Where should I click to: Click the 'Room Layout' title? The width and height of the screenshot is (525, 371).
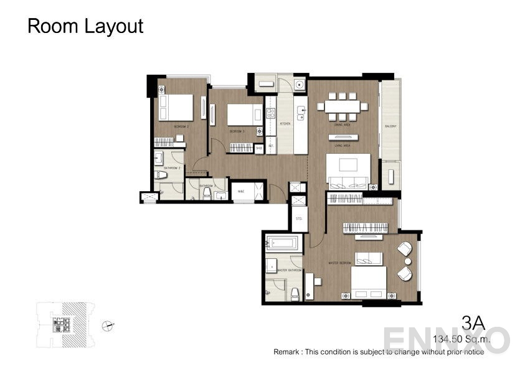[x=86, y=26]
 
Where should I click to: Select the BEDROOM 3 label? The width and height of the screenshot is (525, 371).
[x=237, y=131]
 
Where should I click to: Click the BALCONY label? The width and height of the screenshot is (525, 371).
[x=390, y=126]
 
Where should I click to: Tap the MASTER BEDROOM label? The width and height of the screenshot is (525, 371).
[x=341, y=263]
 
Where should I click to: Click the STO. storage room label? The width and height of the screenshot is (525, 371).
[x=298, y=218]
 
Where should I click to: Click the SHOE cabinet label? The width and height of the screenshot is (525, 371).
[x=258, y=148]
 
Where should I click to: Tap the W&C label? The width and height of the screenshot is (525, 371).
[x=241, y=191]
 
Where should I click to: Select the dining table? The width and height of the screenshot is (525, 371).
[x=342, y=106]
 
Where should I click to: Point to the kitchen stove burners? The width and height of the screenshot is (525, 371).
[x=271, y=113]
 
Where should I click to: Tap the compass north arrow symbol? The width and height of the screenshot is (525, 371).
[x=110, y=324]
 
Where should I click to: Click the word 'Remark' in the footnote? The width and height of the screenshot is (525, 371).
[x=286, y=352]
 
